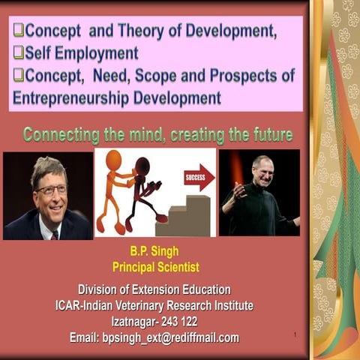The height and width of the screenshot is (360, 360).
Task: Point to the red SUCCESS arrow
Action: pos(198,178)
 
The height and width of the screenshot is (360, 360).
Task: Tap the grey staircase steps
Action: pos(187,217)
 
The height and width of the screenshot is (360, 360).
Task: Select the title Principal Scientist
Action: pos(150,267)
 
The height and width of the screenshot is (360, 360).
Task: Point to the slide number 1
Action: pos(297,334)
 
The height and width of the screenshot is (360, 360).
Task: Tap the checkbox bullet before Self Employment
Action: pos(19,54)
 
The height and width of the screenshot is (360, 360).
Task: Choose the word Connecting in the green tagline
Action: pos(61,135)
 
